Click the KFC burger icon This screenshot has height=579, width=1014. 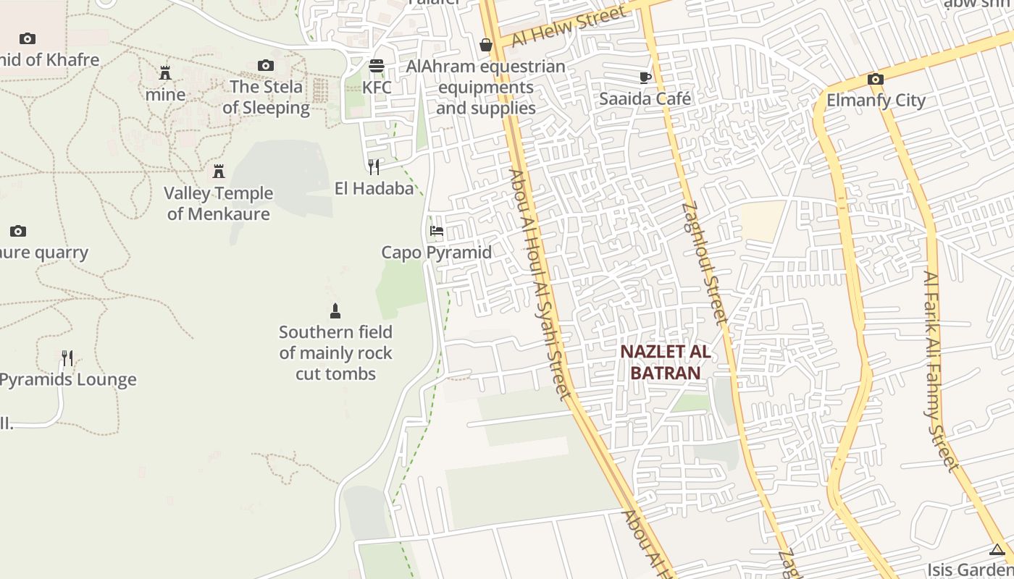tap(376, 66)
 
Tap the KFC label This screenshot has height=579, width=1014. tap(377, 88)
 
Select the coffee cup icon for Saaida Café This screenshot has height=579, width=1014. tap(645, 77)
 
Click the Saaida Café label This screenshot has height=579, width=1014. tap(645, 98)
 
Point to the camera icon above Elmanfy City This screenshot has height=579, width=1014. tap(875, 79)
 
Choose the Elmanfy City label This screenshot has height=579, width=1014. tap(876, 100)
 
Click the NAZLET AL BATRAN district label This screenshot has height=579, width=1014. tap(665, 363)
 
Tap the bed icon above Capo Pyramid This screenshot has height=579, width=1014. tap(437, 232)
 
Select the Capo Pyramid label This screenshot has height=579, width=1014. tap(436, 253)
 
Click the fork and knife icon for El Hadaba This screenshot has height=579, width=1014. tap(374, 167)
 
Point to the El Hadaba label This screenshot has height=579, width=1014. tap(374, 189)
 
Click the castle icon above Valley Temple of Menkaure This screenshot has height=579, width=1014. tap(218, 172)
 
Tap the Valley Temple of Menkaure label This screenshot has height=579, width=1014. tap(218, 203)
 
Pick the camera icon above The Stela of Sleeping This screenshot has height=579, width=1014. tap(266, 66)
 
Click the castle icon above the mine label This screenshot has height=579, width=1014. tap(165, 73)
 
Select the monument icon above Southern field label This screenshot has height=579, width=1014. tap(335, 311)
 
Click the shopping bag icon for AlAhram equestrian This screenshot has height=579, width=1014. tap(486, 46)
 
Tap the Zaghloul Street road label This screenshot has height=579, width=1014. tap(703, 262)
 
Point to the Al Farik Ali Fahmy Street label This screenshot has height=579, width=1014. tap(940, 371)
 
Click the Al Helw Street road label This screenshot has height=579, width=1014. tap(569, 27)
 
